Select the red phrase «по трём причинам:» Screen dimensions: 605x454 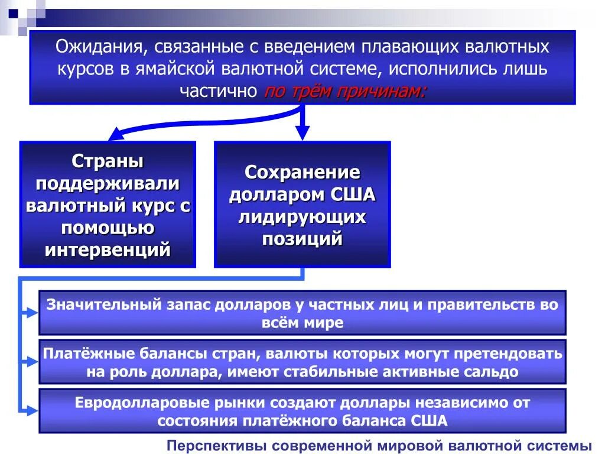click(x=344, y=91)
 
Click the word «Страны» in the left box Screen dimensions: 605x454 click(x=108, y=161)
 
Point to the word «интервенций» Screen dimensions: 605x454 click(x=108, y=249)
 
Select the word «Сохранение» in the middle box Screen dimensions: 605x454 click(x=302, y=173)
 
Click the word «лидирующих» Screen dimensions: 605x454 click(x=302, y=217)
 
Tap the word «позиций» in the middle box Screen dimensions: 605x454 click(x=302, y=239)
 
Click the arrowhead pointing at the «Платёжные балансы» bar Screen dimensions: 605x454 click(x=32, y=361)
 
